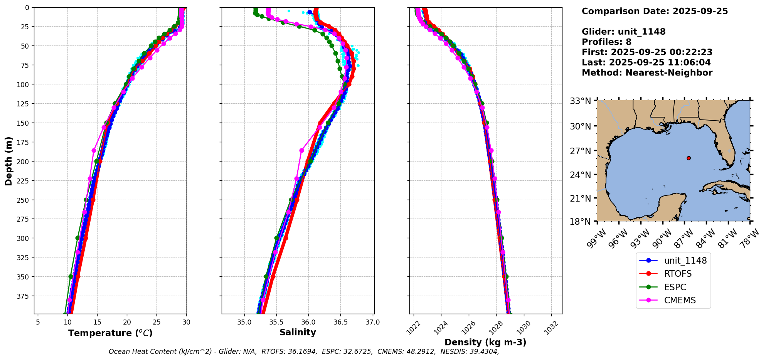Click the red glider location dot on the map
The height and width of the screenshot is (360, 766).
point(689,158)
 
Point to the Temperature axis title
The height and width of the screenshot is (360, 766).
point(110,333)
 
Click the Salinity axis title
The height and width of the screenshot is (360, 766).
point(298,332)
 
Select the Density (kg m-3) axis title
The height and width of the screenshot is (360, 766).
point(485,342)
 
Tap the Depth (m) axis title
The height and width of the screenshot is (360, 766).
point(8,161)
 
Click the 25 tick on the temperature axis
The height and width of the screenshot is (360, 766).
point(157,322)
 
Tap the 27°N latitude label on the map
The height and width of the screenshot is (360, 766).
point(580,151)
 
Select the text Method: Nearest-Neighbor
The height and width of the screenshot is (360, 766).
point(647,72)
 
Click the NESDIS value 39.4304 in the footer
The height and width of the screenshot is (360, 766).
point(483,352)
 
